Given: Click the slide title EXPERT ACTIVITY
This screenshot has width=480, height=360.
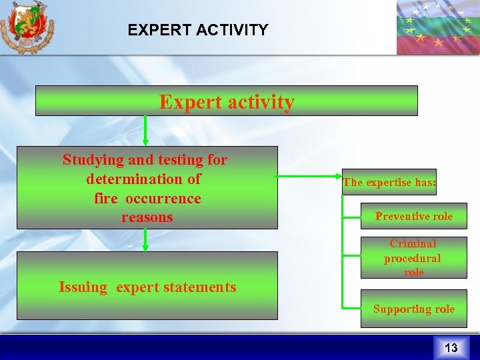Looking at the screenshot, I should pyautogui.click(x=198, y=30).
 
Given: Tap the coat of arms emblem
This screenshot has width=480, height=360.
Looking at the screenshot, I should pyautogui.click(x=27, y=27).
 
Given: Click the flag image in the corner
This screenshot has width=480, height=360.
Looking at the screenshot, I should pyautogui.click(x=437, y=27).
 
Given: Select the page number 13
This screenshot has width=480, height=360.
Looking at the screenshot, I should pyautogui.click(x=451, y=347).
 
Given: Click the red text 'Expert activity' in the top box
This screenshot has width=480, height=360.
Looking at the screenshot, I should pyautogui.click(x=226, y=102).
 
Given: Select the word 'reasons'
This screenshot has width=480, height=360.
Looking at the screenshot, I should pyautogui.click(x=147, y=217).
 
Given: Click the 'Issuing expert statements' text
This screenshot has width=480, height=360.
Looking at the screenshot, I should pyautogui.click(x=147, y=287).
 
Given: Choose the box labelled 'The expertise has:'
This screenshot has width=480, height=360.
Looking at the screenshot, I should pyautogui.click(x=389, y=182).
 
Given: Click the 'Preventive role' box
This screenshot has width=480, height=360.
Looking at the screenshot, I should pyautogui.click(x=413, y=216).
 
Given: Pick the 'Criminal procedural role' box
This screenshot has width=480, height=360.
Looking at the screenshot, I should pyautogui.click(x=413, y=257).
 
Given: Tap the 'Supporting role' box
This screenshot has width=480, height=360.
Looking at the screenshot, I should pyautogui.click(x=413, y=309).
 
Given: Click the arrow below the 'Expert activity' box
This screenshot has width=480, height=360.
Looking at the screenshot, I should pyautogui.click(x=145, y=131).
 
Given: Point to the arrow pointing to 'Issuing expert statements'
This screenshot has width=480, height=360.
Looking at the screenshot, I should pyautogui.click(x=145, y=240).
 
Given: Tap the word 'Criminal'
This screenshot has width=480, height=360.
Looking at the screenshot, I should pyautogui.click(x=413, y=244).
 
